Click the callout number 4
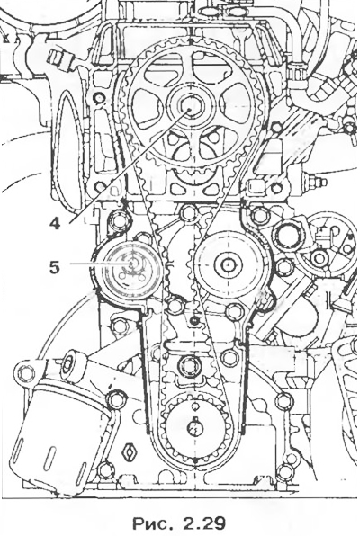pyautogui.click(x=55, y=223)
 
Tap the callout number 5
pyautogui.click(x=54, y=267)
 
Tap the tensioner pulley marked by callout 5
pyautogui.click(x=131, y=266)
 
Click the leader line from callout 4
pyautogui.click(x=130, y=166)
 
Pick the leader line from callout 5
pyautogui.click(x=101, y=264)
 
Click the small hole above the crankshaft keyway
pyautogui.click(x=194, y=406)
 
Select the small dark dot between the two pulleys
pyautogui.click(x=195, y=320)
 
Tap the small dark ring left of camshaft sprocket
pyautogui.click(x=100, y=98)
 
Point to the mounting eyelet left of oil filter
pyautogui.click(x=26, y=372)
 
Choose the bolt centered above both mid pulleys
pyautogui.click(x=188, y=212)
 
